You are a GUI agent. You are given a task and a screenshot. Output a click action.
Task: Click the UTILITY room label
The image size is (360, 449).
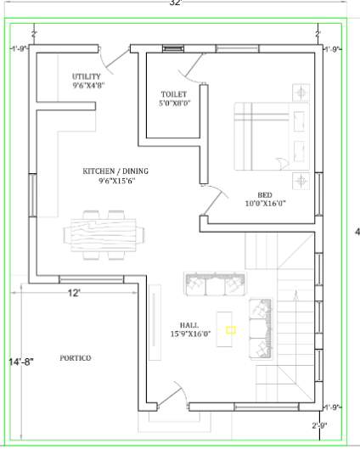87,76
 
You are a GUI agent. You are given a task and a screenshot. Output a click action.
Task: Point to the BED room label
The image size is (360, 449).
265,193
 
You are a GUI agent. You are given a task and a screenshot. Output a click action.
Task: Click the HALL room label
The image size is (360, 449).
189,325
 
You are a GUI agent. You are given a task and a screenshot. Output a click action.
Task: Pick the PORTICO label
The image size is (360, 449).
76,358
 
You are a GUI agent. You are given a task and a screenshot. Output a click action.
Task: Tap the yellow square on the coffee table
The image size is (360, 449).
230,328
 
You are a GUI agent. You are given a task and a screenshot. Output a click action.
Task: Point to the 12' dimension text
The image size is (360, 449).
75,293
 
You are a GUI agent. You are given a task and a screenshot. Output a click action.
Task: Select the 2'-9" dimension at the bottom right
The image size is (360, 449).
319,424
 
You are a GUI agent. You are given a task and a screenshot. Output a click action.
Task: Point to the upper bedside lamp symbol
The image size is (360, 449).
301,91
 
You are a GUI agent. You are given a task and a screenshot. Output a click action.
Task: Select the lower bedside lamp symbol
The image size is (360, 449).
301,179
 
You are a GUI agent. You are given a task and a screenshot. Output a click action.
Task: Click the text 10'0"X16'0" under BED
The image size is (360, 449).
266,203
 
